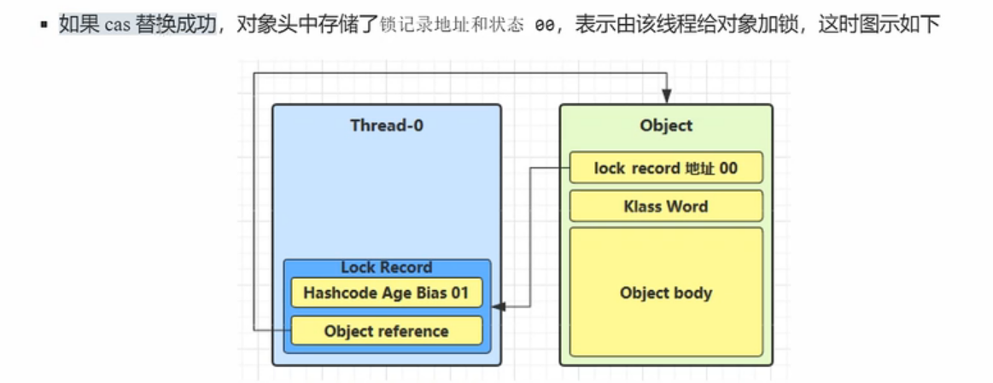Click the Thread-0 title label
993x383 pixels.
pyautogui.click(x=387, y=125)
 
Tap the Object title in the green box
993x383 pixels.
pyautogui.click(x=666, y=125)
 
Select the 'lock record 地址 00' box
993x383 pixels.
pyautogui.click(x=666, y=168)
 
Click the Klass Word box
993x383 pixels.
pyautogui.click(x=666, y=206)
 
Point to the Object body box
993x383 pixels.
pyautogui.click(x=666, y=293)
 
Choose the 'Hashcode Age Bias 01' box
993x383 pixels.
pyautogui.click(x=386, y=293)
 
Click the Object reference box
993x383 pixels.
pyautogui.click(x=386, y=330)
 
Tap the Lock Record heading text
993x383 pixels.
pyautogui.click(x=386, y=267)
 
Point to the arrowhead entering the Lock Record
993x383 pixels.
pyautogui.click(x=499, y=307)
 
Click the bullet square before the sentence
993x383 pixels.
pyautogui.click(x=44, y=26)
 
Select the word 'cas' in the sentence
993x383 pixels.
pyautogui.click(x=118, y=26)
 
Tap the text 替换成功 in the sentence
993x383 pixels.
pyautogui.click(x=175, y=26)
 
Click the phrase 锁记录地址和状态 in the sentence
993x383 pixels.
pyautogui.click(x=453, y=26)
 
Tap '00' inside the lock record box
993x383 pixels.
pyautogui.click(x=728, y=168)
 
